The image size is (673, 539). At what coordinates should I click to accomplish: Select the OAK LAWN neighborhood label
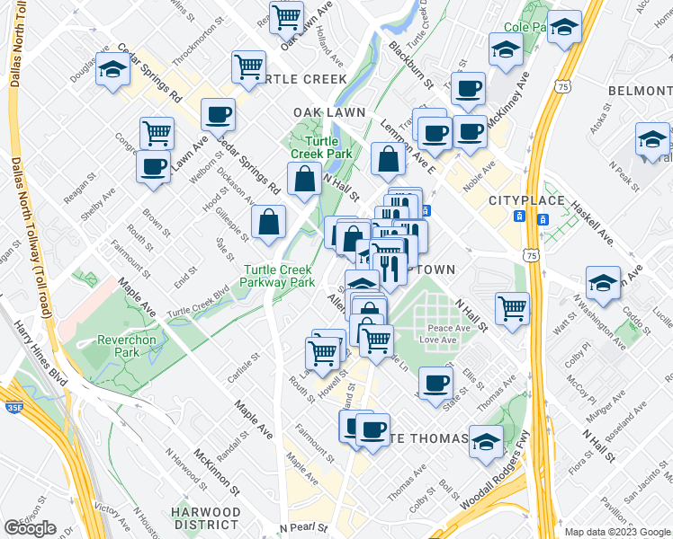pos(329,112)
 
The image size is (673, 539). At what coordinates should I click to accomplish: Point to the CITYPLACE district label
pos(526,200)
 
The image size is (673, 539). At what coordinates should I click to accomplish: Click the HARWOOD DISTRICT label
pos(207,518)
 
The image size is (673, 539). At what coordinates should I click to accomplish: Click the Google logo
pos(30,528)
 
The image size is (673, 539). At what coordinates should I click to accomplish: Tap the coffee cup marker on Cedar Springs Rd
pos(218,115)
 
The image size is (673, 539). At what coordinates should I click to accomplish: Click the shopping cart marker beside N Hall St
pos(512,308)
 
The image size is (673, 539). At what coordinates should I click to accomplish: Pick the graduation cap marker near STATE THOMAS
pos(486,442)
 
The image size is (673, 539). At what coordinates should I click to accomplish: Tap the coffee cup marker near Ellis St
pos(436,382)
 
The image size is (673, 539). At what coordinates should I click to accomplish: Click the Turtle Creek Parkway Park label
pos(277,276)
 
